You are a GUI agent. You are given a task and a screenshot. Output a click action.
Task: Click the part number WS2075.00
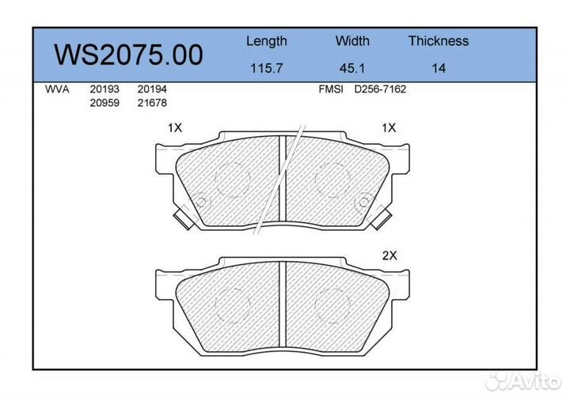[x=128, y=55]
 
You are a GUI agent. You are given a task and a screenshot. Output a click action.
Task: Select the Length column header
[x=266, y=41]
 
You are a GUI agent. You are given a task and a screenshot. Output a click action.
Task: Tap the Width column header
[x=352, y=41]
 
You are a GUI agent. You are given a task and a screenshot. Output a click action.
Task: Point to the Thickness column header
[x=438, y=41]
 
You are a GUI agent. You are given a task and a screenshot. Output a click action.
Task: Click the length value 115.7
[x=266, y=68]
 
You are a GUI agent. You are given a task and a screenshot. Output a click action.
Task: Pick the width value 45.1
[x=352, y=68]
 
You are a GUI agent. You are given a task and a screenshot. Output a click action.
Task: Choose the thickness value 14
[x=438, y=68]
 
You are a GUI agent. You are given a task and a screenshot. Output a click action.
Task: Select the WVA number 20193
[x=104, y=89]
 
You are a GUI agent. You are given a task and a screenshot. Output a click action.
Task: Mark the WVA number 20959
[x=104, y=103]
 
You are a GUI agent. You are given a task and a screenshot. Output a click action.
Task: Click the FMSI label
[x=330, y=89]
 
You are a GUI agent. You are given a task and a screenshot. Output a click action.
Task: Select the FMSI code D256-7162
[x=380, y=89]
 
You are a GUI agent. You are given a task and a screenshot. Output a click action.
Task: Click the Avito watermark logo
[x=523, y=382]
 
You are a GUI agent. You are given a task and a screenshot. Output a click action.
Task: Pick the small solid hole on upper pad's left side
[x=200, y=202]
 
